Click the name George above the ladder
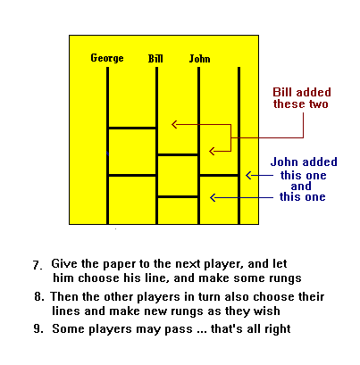[x=107, y=58]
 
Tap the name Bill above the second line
[x=155, y=59]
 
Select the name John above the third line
[x=199, y=59]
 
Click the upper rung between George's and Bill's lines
[x=132, y=129]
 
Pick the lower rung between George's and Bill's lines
[x=132, y=176]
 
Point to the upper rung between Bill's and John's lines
[x=178, y=154]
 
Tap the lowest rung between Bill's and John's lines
[x=178, y=196]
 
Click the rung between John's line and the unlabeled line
[x=219, y=176]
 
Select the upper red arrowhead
[x=174, y=124]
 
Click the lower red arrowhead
[x=212, y=152]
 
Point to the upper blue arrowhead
[x=248, y=176]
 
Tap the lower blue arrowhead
[x=213, y=197]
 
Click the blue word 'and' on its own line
[x=301, y=187]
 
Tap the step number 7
[x=37, y=265]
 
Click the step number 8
[x=38, y=296]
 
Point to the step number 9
[x=38, y=328]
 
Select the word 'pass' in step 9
[x=179, y=329]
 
